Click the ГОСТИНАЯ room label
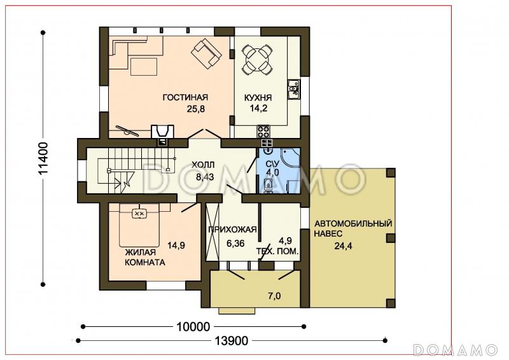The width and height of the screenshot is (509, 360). point(185,97)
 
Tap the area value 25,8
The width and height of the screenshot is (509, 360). point(196,109)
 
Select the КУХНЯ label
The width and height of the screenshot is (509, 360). point(258,98)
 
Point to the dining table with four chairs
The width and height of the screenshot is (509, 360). point(258,59)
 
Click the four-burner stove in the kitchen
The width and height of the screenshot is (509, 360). point(263,132)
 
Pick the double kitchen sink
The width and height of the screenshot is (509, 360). point(293,89)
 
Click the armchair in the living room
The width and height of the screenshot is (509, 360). point(207,53)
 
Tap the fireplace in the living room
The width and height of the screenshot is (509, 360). point(162,132)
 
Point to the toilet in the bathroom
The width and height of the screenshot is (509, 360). point(268,185)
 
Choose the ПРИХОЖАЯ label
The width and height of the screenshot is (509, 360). point(232,230)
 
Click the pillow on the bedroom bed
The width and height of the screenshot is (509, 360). point(139,213)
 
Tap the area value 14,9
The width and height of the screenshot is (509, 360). point(176,246)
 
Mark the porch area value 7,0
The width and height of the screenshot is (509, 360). point(275,296)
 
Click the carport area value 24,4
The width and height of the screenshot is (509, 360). point(343,246)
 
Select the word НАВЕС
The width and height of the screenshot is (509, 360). point(328,233)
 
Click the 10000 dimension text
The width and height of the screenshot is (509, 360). point(193,326)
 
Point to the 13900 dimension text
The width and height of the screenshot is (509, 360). point(232,340)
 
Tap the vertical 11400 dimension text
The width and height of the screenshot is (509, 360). point(43,158)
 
